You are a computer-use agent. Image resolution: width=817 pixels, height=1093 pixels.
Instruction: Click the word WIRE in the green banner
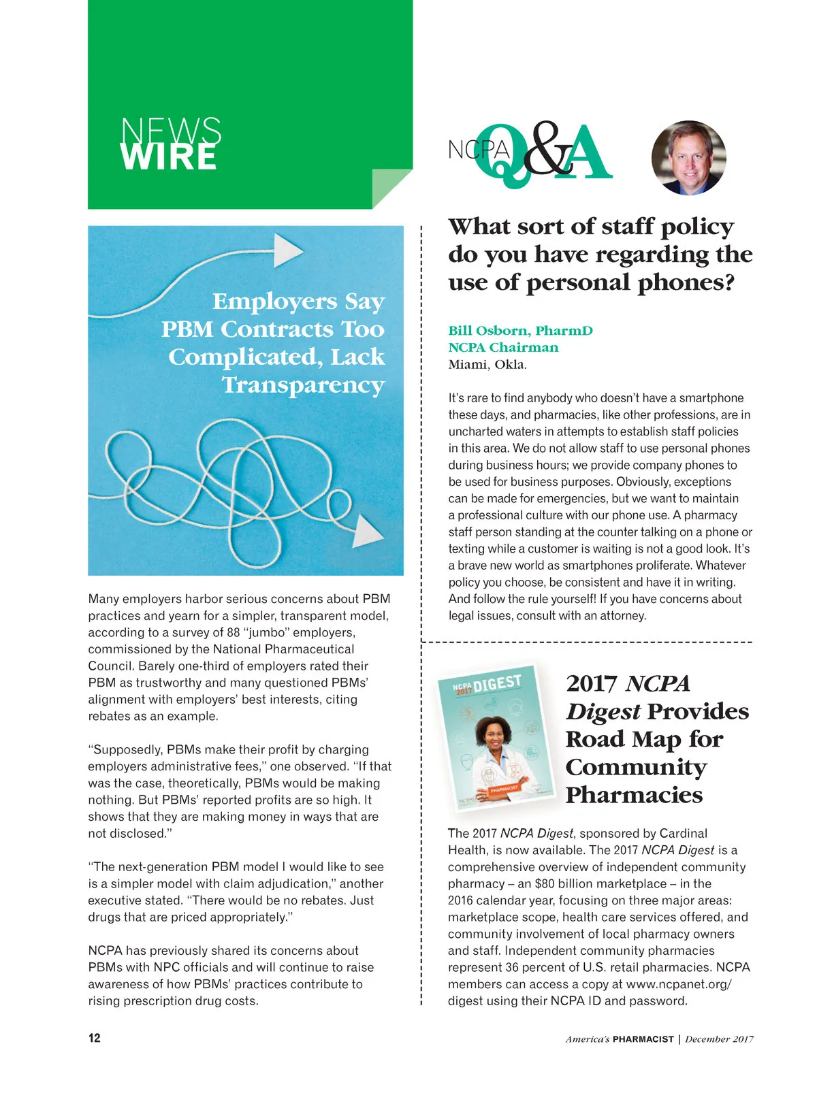[169, 157]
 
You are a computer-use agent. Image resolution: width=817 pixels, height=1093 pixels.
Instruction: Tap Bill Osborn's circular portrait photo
[688, 158]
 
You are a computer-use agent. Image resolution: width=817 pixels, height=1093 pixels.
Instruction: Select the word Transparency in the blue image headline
[303, 385]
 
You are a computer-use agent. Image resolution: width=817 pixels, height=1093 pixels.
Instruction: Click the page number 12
[94, 1038]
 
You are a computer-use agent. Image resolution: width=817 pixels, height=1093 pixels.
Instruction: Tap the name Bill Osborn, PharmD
[520, 331]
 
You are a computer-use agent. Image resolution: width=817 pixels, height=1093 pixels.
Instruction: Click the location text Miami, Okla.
[487, 364]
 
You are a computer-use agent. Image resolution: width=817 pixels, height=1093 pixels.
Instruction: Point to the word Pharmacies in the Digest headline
[634, 795]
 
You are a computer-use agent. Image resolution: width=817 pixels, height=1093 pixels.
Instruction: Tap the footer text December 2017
[719, 1039]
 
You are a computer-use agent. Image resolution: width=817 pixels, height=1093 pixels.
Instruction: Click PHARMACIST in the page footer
[643, 1039]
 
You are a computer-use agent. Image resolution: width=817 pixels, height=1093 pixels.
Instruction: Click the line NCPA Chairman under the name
[503, 348]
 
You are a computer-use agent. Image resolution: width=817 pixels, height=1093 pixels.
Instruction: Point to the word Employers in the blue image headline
[275, 301]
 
